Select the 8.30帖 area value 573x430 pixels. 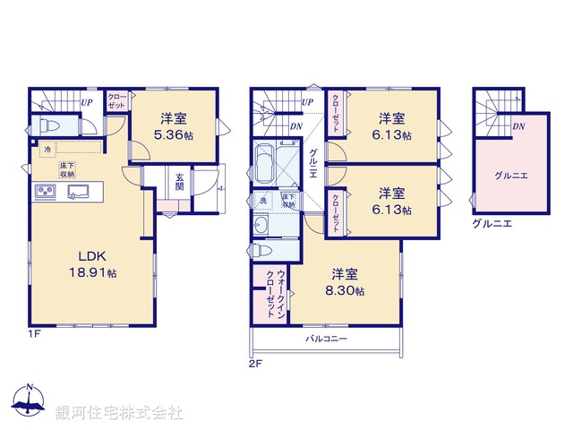(346, 290)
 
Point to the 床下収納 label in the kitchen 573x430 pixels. (68, 170)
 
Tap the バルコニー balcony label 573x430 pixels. (325, 339)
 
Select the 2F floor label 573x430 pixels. (256, 364)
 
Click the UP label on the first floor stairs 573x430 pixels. (87, 103)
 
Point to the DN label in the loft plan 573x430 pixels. (518, 129)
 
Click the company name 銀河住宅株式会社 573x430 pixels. (119, 413)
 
